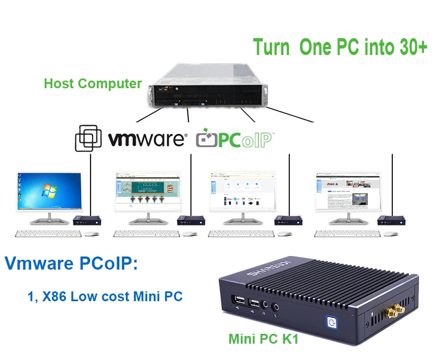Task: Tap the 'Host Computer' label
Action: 93,84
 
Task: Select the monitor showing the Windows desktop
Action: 49,193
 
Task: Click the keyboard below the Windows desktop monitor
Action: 48,233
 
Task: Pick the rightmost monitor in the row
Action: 347,193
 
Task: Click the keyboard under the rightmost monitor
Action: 347,233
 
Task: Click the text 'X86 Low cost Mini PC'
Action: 112,296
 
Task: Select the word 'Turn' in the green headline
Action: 271,47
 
